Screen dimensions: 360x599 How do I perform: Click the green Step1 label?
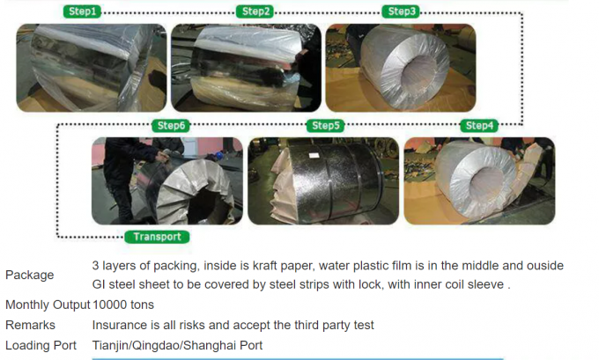click(83, 12)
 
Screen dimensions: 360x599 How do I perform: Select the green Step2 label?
click(255, 12)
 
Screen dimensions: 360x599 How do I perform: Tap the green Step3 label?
click(402, 12)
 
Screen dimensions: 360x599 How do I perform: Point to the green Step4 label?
click(479, 126)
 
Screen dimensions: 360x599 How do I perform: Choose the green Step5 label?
click(325, 126)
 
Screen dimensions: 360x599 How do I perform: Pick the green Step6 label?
click(171, 126)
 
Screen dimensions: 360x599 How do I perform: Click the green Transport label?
click(158, 237)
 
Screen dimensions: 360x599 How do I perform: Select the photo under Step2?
click(244, 67)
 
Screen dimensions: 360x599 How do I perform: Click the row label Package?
click(29, 275)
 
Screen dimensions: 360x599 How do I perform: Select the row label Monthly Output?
click(47, 305)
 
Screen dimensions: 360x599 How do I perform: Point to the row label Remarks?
click(30, 325)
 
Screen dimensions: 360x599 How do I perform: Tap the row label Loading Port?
click(41, 346)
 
